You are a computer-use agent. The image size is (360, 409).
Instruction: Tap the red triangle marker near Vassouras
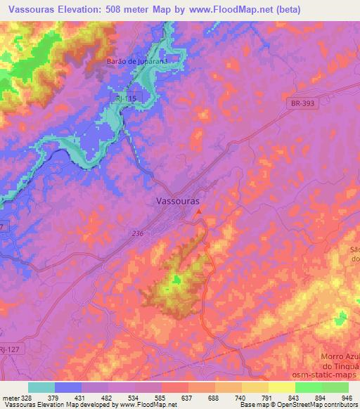(x=199, y=210)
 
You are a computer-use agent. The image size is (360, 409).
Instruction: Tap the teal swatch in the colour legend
(x=41, y=387)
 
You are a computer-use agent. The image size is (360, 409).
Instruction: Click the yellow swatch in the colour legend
(x=281, y=387)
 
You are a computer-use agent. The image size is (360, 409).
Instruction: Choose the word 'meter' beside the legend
(x=11, y=397)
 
